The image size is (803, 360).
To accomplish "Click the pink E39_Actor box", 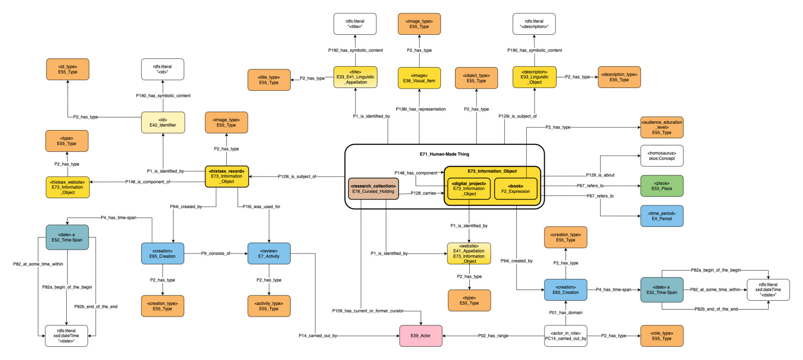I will pyautogui.click(x=421, y=336).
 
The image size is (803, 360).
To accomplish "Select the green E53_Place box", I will pyautogui.click(x=661, y=186).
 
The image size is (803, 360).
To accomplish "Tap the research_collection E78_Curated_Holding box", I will pyautogui.click(x=373, y=189).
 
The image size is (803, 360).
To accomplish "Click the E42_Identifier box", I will pyautogui.click(x=163, y=122).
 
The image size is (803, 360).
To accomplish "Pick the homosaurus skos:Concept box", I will pyautogui.click(x=661, y=156).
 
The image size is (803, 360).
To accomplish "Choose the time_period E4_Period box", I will pyautogui.click(x=661, y=216).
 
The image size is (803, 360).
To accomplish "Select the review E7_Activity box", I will pyautogui.click(x=269, y=254).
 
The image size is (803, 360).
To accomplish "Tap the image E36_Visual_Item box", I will pyautogui.click(x=419, y=78).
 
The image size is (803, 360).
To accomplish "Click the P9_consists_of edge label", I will pyautogui.click(x=215, y=253).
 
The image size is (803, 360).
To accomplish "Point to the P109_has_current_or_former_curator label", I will pyautogui.click(x=367, y=311).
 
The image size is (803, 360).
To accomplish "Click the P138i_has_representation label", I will pyautogui.click(x=420, y=109).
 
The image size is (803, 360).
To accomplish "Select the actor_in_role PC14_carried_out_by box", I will pyautogui.click(x=565, y=336).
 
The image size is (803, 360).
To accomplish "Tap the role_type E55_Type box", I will pyautogui.click(x=661, y=336).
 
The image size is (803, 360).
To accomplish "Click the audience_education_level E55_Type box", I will pyautogui.click(x=661, y=127).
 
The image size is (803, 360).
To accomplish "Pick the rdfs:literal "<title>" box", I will pyautogui.click(x=355, y=24).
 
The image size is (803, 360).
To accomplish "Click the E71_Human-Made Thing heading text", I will pyautogui.click(x=444, y=154).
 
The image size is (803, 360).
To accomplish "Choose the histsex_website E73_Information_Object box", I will pyautogui.click(x=67, y=187).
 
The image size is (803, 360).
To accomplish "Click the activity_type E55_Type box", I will pyautogui.click(x=269, y=306).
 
